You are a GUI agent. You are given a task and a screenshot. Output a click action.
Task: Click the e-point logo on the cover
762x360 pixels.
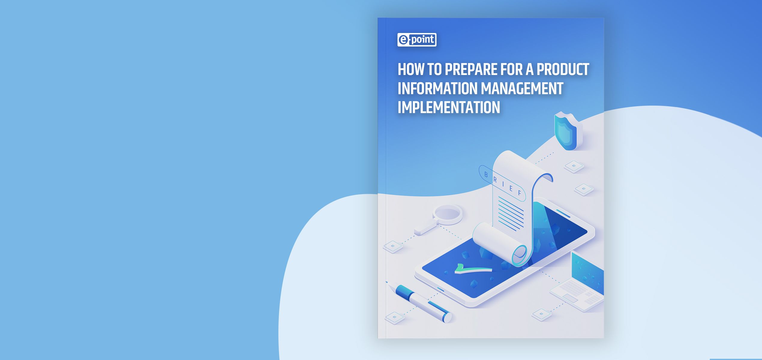coord(417,40)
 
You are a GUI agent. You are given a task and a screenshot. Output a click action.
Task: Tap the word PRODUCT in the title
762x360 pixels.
coord(563,69)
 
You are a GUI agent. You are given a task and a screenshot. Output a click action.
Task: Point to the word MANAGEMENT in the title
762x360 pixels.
coord(522,88)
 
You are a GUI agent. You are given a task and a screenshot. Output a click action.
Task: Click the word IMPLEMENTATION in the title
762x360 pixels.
coord(449,107)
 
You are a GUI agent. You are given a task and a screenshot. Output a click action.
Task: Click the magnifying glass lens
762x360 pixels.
coord(447,214)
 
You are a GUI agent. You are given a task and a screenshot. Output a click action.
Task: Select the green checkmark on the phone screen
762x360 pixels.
coord(472,269)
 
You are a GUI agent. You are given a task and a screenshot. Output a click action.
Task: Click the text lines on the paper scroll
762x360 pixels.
coord(511,214)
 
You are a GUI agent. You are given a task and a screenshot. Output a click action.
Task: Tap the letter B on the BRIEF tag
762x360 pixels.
coord(486,175)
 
